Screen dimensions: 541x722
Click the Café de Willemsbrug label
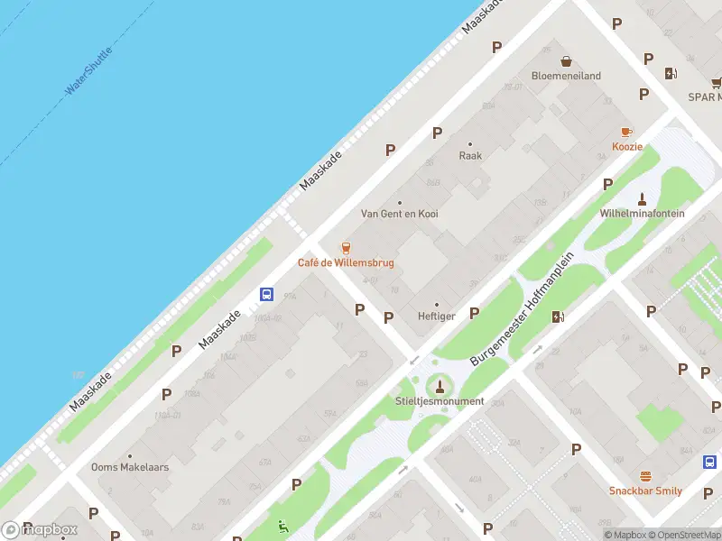346,263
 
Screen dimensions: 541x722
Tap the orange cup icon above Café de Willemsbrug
345,247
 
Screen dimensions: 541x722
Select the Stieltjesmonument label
440,401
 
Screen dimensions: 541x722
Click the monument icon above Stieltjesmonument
440,385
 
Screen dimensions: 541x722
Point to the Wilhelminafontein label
642,214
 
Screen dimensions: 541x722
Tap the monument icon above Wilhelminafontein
642,198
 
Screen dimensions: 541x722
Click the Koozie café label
627,146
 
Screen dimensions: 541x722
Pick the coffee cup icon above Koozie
627,131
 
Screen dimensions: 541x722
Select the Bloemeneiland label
566,76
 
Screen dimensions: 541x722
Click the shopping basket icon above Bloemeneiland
566,61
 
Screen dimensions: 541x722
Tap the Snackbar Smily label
645,491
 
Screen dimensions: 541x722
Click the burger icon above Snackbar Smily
645,476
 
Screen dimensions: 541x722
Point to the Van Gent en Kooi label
400,214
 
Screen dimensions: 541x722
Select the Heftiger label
437,316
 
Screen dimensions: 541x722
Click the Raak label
470,155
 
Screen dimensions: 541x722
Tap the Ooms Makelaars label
130,467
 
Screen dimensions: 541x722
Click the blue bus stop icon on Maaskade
267,293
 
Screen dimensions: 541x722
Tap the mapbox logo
40,530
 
